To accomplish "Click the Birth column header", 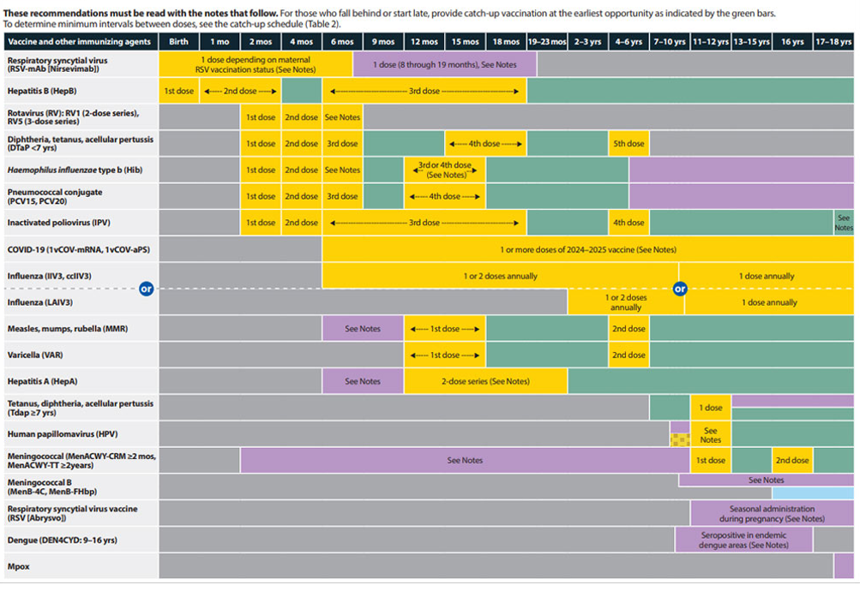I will pos(178,42).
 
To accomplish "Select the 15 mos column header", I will pos(465,42).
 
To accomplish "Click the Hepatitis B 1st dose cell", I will pos(178,91).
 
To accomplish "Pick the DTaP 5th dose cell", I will pos(628,144).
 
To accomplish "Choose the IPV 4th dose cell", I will pos(628,223).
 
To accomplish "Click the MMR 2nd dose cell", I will pos(628,329).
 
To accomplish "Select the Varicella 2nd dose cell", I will pos(628,355).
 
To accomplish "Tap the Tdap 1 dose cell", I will pos(710,408).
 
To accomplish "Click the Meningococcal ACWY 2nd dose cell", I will pos(791,460).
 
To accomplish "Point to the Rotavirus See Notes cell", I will pos(342,117).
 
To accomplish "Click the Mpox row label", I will pos(19,567).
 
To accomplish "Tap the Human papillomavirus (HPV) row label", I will pos(61,434).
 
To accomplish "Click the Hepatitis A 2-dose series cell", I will pos(485,381).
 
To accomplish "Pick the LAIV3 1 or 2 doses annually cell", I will pos(626,302).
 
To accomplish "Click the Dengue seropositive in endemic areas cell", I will pos(743,540).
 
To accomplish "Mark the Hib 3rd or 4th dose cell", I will pos(444,170).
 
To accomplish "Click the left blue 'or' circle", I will pos(147,290).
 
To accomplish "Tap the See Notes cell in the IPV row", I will pos(844,223).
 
